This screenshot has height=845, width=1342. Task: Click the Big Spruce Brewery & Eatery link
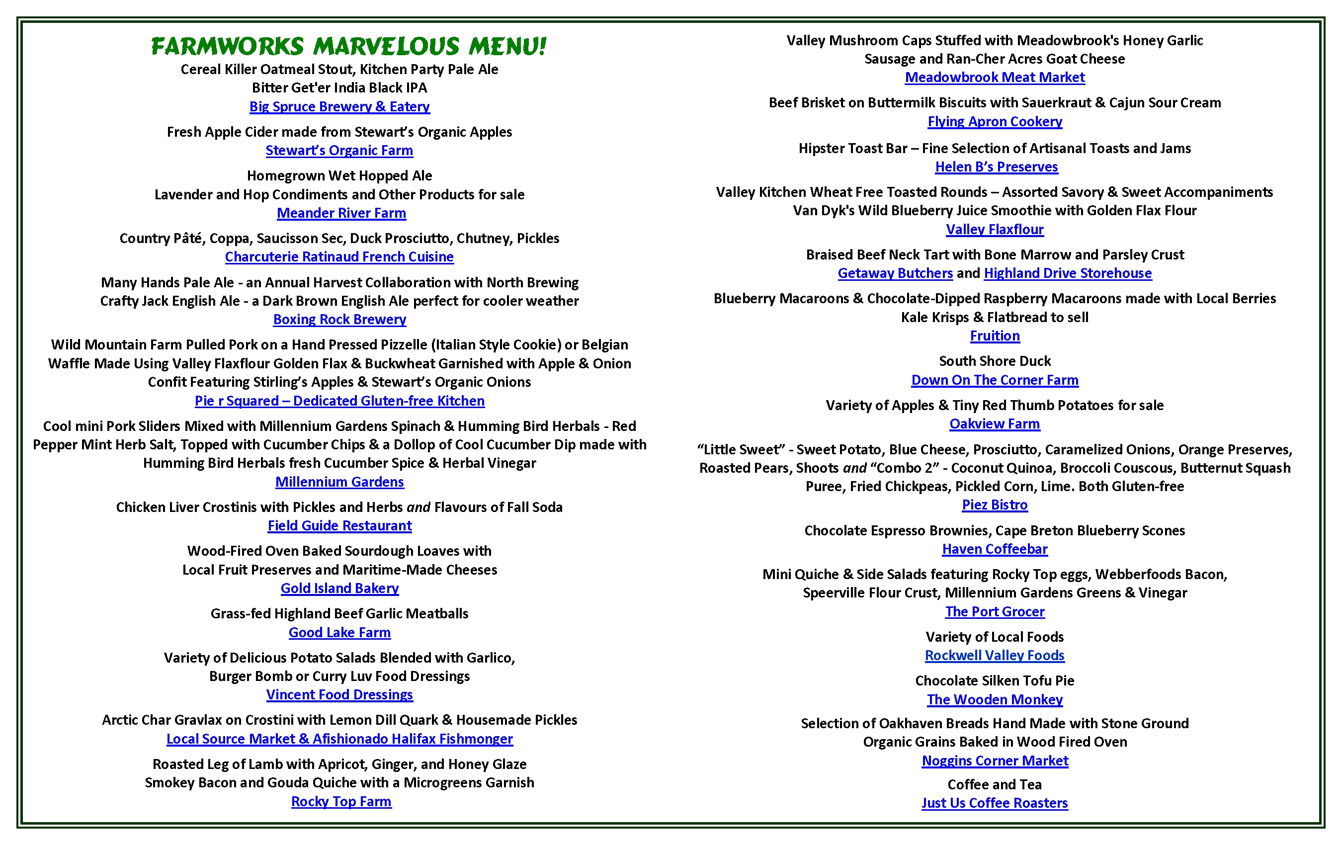[x=339, y=106]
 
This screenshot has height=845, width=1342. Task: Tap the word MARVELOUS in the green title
[x=386, y=46]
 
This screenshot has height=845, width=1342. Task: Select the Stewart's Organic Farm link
[x=339, y=151]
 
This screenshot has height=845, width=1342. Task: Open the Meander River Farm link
[x=341, y=213]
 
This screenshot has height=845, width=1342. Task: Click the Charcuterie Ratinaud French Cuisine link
[x=339, y=257]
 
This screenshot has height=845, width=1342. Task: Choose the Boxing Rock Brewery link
[x=339, y=320]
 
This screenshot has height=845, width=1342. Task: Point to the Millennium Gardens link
[x=339, y=482]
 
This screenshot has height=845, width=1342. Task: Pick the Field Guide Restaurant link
[x=339, y=525]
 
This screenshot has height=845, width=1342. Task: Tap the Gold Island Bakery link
[x=339, y=588]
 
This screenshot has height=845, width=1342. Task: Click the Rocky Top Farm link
[x=341, y=802]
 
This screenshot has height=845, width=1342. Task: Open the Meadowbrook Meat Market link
[x=994, y=78]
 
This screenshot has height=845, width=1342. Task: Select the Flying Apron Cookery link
[x=994, y=121]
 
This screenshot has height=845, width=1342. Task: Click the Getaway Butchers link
[x=895, y=273]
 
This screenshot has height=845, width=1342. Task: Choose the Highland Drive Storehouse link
[x=1067, y=273]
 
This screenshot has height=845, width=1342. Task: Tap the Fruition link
[x=994, y=336]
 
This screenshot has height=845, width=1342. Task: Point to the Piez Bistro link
[x=994, y=505]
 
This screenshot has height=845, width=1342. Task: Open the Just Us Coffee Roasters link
[x=994, y=803]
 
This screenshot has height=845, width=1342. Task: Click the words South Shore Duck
[x=994, y=361]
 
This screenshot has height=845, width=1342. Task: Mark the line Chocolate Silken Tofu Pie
[x=994, y=680]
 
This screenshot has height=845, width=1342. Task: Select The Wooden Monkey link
[x=994, y=699]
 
